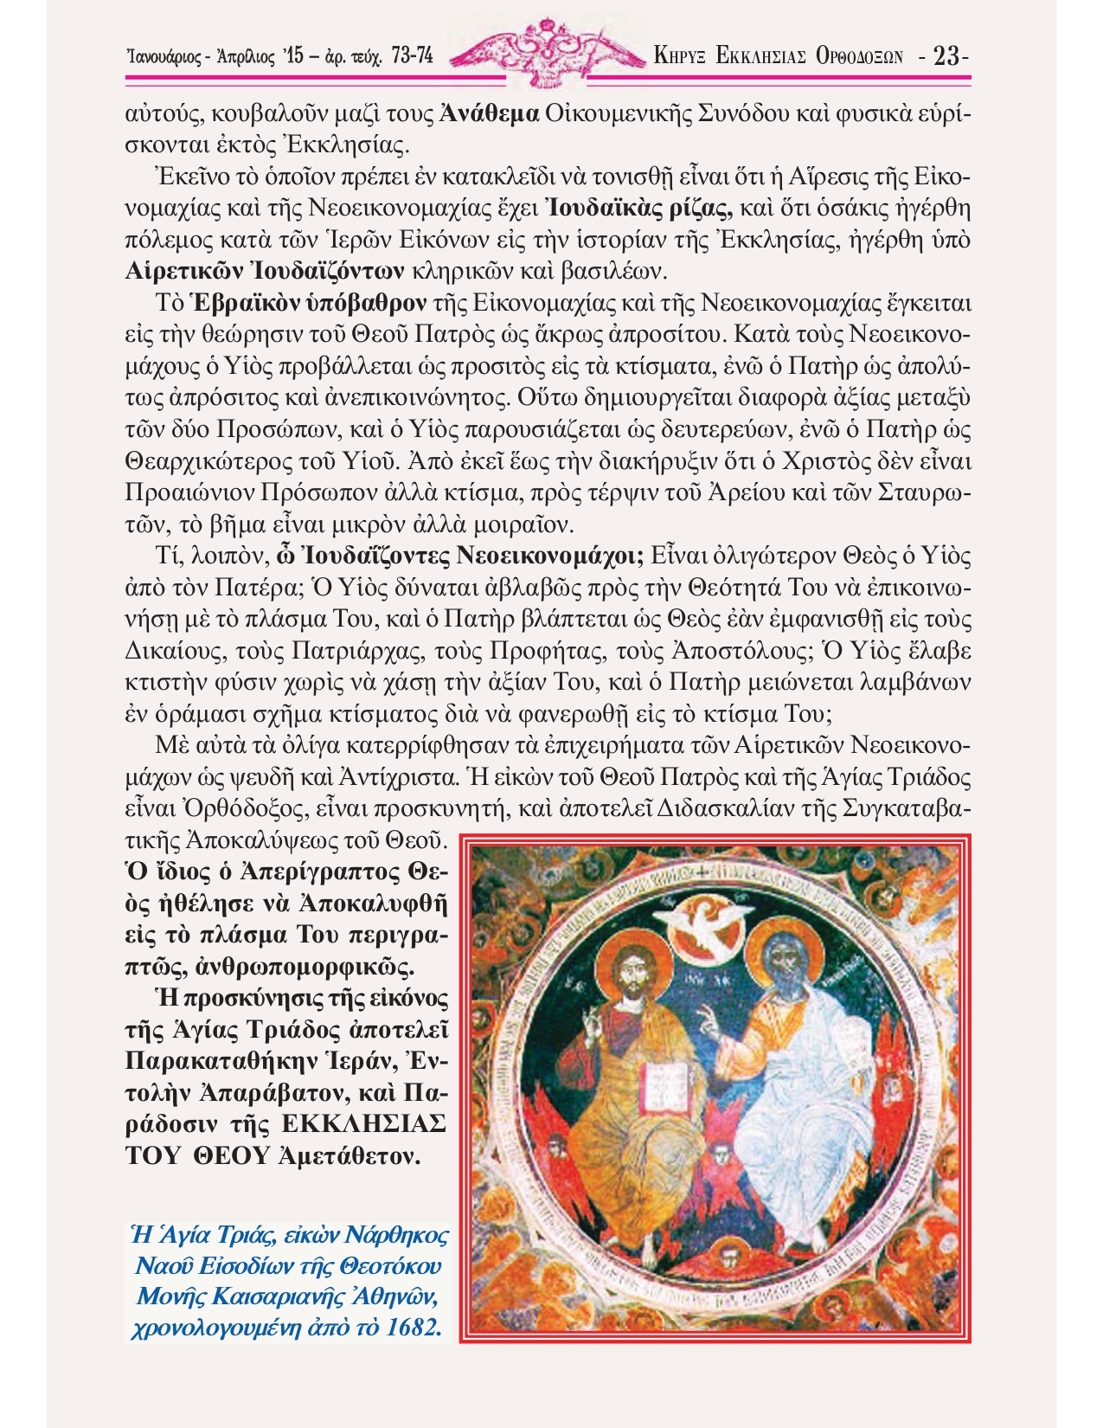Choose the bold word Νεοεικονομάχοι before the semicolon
[548, 556]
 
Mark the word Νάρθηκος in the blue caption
[398, 1235]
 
